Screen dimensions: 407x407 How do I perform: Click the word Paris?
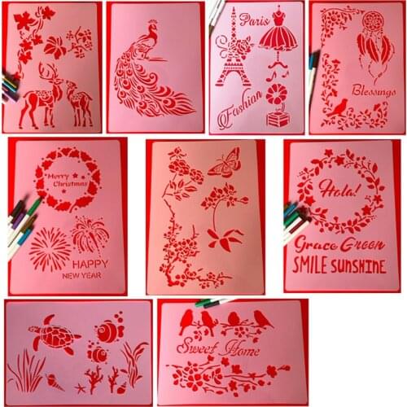tap(254, 20)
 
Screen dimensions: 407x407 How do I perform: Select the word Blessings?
tap(374, 90)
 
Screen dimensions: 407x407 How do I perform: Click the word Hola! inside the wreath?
tap(341, 189)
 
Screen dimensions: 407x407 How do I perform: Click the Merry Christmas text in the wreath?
tap(68, 180)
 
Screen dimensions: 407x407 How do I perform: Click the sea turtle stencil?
tap(55, 335)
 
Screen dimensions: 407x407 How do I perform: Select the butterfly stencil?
tap(225, 163)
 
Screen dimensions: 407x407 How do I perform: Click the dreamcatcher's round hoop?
tap(374, 22)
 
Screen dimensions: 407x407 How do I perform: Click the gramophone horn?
tap(276, 94)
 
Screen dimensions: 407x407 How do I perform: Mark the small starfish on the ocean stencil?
tap(80, 388)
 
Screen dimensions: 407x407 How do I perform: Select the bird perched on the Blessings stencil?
tap(337, 107)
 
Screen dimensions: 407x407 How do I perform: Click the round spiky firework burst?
tap(50, 249)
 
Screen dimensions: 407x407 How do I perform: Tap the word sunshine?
tap(358, 266)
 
